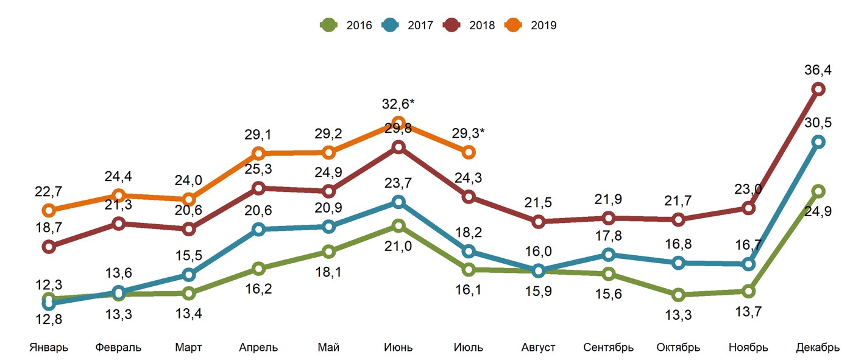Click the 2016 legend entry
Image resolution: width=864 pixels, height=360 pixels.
[x=345, y=26]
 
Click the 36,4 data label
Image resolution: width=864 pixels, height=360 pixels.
[x=818, y=70]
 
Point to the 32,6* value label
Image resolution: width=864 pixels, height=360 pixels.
[x=399, y=104]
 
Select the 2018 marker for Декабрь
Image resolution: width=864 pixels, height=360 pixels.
[x=818, y=89]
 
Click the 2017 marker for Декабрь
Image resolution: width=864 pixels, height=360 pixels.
[x=818, y=142]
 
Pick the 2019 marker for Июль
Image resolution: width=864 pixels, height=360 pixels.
[x=469, y=152]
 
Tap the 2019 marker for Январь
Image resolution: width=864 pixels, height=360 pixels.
[x=49, y=211]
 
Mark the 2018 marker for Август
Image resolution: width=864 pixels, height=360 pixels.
[x=538, y=222]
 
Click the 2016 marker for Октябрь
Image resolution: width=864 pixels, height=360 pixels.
[x=678, y=295]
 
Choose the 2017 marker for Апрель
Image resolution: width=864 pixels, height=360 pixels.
[x=258, y=229]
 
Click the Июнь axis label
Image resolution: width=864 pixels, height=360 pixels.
[x=398, y=348]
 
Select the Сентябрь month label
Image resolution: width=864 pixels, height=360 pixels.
[x=608, y=348]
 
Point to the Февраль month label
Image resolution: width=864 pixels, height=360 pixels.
[x=118, y=348]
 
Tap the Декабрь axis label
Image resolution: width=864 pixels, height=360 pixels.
[x=818, y=348]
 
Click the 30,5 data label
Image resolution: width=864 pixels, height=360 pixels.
[x=818, y=122]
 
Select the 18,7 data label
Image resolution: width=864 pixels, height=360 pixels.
[x=49, y=228]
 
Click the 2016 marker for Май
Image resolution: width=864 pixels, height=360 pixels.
[x=328, y=252]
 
